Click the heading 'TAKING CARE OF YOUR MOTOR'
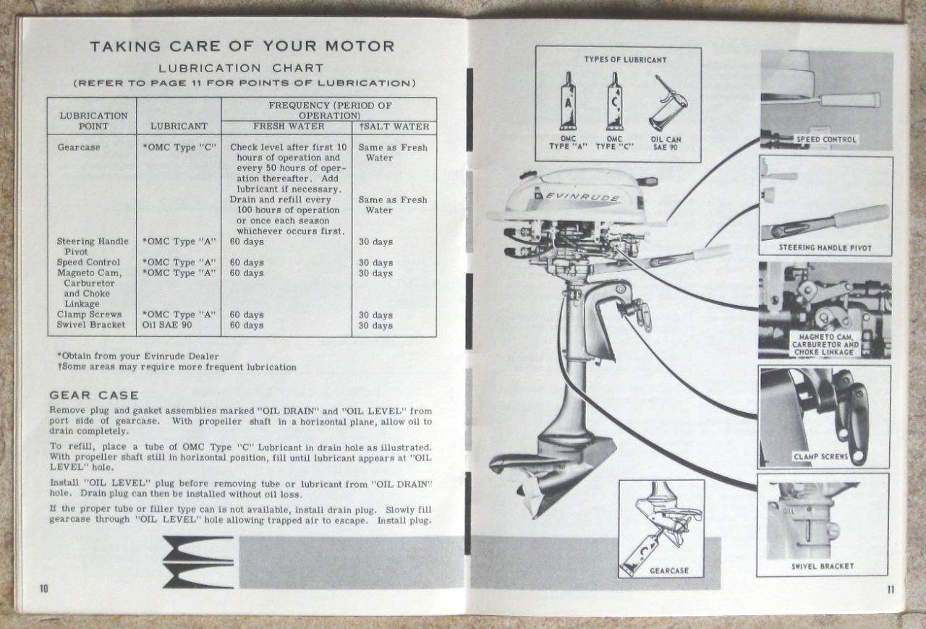click(x=242, y=47)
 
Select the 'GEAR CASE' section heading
click(x=94, y=395)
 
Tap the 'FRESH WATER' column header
click(x=288, y=127)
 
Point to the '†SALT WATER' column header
click(x=394, y=127)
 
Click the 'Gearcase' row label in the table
click(x=79, y=147)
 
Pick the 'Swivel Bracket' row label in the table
click(x=91, y=325)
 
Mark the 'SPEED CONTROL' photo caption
click(x=826, y=140)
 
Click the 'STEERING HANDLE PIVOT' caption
click(x=825, y=248)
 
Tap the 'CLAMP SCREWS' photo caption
click(x=820, y=457)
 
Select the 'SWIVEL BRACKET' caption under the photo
click(x=822, y=566)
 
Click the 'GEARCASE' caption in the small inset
click(x=668, y=570)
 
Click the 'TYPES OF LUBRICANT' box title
click(x=625, y=59)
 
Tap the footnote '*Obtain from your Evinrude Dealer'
click(x=137, y=356)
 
